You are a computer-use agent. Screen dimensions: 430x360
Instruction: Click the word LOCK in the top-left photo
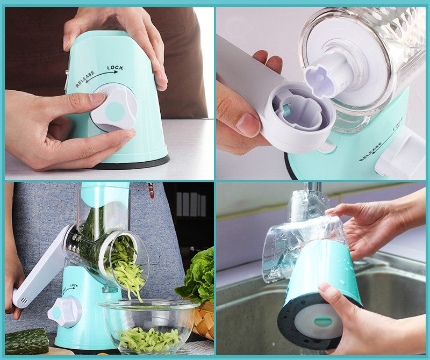click(x=115, y=68)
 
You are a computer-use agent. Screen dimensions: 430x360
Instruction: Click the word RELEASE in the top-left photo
click(x=85, y=79)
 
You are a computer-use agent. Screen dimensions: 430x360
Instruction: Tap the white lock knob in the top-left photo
click(x=113, y=108)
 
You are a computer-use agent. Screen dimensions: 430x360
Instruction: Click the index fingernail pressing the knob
click(x=98, y=98)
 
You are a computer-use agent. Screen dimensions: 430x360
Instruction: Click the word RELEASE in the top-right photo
click(x=370, y=152)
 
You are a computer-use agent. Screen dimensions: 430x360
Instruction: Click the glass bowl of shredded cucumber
click(x=149, y=326)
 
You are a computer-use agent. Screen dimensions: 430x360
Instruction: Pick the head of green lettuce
click(x=197, y=277)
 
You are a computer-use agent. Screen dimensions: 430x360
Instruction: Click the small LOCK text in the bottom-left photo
click(x=74, y=286)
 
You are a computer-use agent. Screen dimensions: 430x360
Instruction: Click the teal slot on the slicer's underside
click(x=321, y=322)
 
